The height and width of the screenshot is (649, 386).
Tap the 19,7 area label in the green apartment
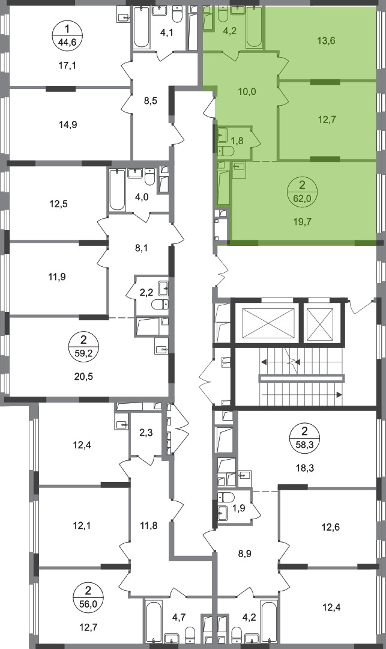[x=304, y=222]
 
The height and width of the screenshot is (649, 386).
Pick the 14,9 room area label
[x=68, y=124]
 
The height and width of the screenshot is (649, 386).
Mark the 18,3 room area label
[x=304, y=469]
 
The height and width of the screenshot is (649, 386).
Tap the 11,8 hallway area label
[x=148, y=526]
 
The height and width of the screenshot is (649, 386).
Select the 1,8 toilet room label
[x=237, y=141]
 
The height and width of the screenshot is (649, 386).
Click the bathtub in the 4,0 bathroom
[x=118, y=190]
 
